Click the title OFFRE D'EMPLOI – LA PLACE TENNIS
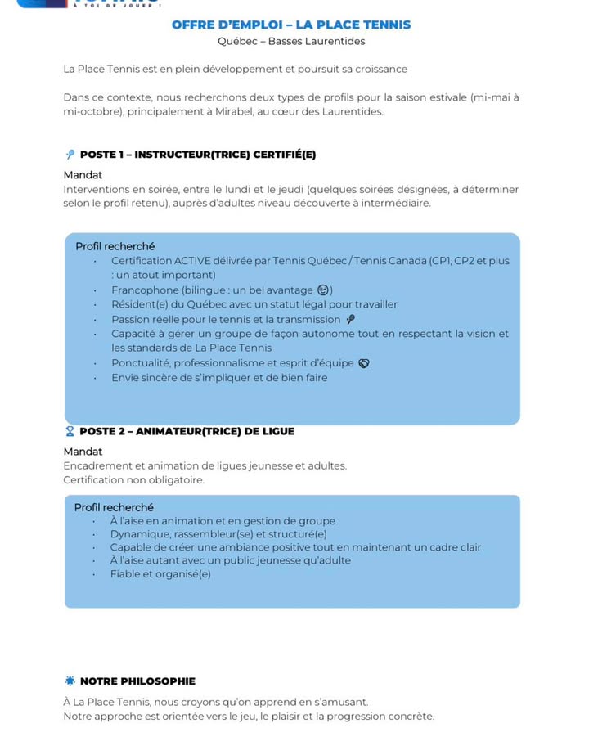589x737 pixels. click(x=291, y=25)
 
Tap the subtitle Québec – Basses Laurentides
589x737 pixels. click(x=291, y=41)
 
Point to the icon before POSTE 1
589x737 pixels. click(x=70, y=155)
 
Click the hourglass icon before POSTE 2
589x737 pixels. click(x=70, y=431)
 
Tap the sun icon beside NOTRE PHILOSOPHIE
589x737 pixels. click(x=70, y=681)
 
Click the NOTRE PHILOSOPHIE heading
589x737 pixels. click(x=137, y=681)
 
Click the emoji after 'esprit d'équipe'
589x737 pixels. click(x=364, y=363)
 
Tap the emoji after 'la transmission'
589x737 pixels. click(x=350, y=319)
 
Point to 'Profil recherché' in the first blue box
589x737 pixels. click(x=115, y=245)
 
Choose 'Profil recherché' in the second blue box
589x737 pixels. click(x=114, y=507)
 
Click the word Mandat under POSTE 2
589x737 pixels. click(x=83, y=451)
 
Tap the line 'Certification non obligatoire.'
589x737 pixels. click(x=133, y=479)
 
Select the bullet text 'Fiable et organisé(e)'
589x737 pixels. click(x=160, y=573)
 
